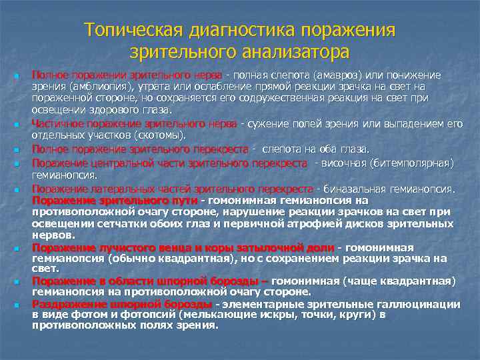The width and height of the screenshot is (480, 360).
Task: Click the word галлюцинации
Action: pyautogui.click(x=419, y=304)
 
